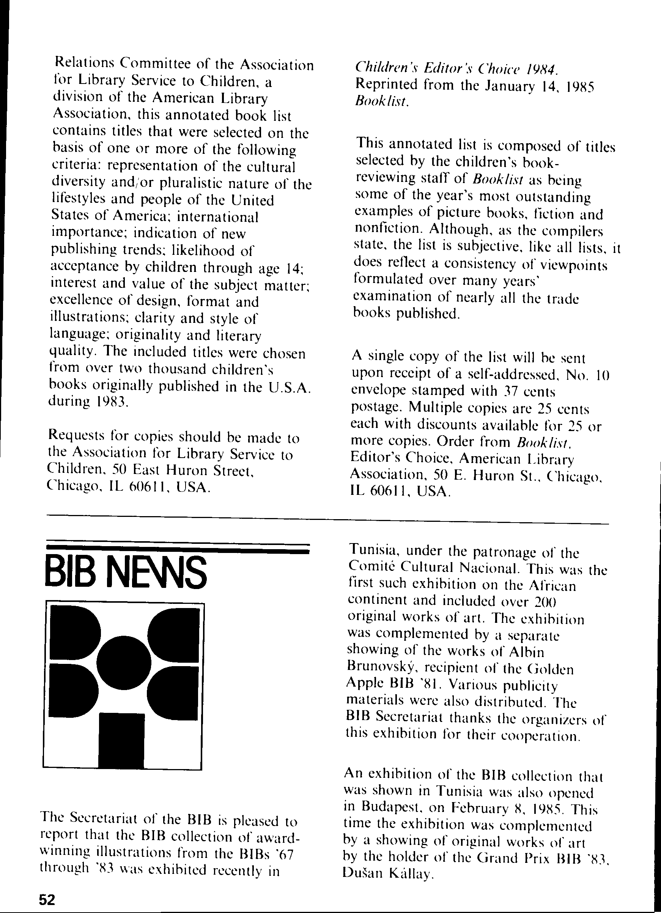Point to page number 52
tap(47, 899)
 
